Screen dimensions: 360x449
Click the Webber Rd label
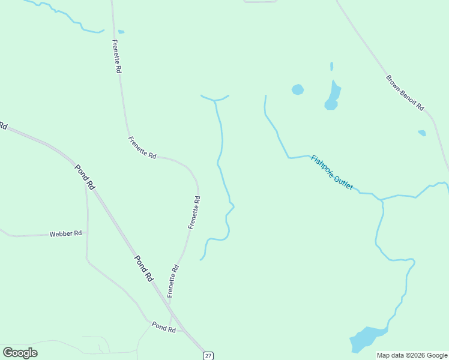coord(65,233)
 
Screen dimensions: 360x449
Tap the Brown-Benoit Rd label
coord(405,92)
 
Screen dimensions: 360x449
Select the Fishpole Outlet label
coord(331,173)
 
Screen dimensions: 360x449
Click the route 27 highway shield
coord(208,355)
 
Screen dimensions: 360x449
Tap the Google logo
coord(20,353)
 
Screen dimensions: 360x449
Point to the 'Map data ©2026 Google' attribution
coord(412,355)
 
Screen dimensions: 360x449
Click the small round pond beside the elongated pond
coord(297,89)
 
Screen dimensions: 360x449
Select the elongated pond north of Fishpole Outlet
coord(333,96)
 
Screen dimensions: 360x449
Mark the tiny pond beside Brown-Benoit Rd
coord(422,133)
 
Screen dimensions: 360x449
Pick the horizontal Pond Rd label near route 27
coord(163,327)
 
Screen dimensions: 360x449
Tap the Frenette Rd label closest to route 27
coord(173,281)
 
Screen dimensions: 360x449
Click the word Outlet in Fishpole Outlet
coord(343,182)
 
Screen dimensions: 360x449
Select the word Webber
coord(61,233)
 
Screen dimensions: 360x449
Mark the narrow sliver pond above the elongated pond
coord(331,66)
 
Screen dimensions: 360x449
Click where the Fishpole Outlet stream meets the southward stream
coord(382,200)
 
